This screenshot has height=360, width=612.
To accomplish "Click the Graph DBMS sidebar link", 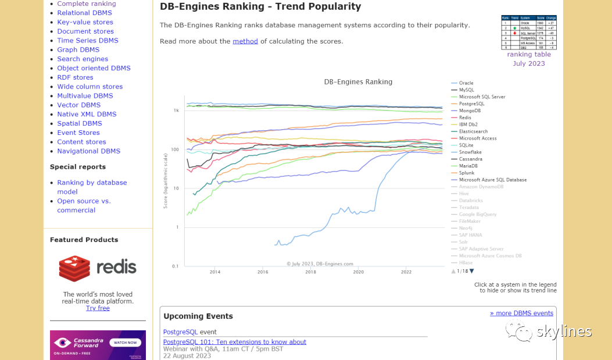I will pyautogui.click(x=74, y=49).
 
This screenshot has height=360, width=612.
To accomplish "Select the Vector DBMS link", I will pyautogui.click(x=78, y=105).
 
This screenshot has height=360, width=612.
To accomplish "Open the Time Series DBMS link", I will pyautogui.click(x=87, y=40).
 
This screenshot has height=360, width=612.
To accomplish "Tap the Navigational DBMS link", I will pyautogui.click(x=88, y=151).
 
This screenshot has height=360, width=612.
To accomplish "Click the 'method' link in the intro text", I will pyautogui.click(x=245, y=41).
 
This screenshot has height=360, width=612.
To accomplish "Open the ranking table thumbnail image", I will pyautogui.click(x=528, y=33).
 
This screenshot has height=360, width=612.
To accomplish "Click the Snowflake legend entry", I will pyautogui.click(x=470, y=152).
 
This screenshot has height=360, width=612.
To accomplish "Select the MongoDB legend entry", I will pyautogui.click(x=469, y=111).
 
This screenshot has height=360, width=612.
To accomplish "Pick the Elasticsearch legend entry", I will pyautogui.click(x=473, y=131).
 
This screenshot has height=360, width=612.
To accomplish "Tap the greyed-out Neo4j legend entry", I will pyautogui.click(x=466, y=228).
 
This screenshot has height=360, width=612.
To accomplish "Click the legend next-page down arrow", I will pyautogui.click(x=471, y=271).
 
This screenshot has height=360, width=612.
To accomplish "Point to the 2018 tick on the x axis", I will pyautogui.click(x=310, y=272).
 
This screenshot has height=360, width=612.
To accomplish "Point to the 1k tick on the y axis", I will pyautogui.click(x=176, y=110).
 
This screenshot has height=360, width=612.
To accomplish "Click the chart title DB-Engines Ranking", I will pyautogui.click(x=358, y=82).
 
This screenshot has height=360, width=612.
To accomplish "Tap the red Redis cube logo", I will pyautogui.click(x=74, y=268).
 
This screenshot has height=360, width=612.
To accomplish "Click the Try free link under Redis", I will pyautogui.click(x=98, y=308).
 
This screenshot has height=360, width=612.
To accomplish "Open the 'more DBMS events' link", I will pyautogui.click(x=521, y=313).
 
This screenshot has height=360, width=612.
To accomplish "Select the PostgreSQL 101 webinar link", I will pyautogui.click(x=234, y=342).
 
